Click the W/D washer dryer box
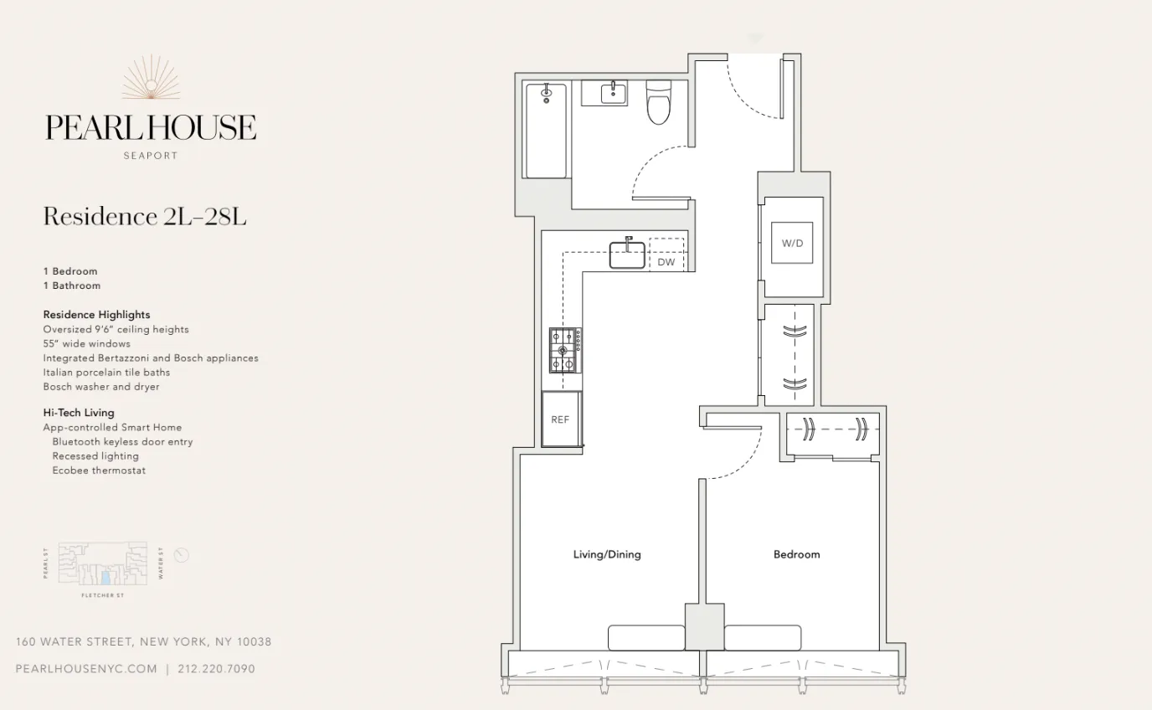(x=792, y=243)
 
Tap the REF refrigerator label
(x=560, y=419)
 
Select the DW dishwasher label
(x=666, y=262)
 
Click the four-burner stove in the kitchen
(x=565, y=350)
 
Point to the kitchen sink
(x=627, y=255)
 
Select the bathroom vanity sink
(x=614, y=92)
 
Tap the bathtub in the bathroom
(x=546, y=131)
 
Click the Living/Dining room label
(x=607, y=554)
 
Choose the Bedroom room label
(x=796, y=554)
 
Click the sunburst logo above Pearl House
(x=151, y=80)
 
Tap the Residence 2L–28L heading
(x=145, y=217)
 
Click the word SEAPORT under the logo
(x=151, y=156)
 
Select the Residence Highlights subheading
(x=97, y=315)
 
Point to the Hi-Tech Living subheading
(x=79, y=413)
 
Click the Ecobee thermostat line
(x=99, y=471)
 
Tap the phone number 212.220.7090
(x=217, y=669)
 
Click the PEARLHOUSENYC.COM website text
(x=86, y=669)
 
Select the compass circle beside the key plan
(x=182, y=555)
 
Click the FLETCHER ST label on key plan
(x=102, y=595)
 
